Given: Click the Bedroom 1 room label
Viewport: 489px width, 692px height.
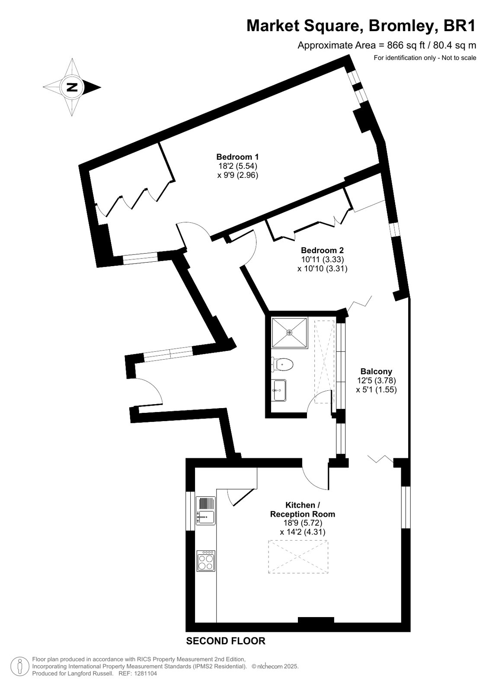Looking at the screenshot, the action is pyautogui.click(x=237, y=157).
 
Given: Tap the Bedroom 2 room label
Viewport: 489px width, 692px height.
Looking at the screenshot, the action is pyautogui.click(x=322, y=250).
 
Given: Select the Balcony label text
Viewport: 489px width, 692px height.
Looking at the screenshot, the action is pyautogui.click(x=376, y=371).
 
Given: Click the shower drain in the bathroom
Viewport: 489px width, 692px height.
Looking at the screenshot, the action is pyautogui.click(x=289, y=332).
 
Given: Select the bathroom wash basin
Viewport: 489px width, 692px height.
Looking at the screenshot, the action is pyautogui.click(x=279, y=390).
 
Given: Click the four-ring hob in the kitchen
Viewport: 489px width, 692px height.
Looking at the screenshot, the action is pyautogui.click(x=206, y=561).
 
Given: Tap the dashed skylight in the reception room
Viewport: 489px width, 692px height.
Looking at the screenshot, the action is pyautogui.click(x=298, y=557).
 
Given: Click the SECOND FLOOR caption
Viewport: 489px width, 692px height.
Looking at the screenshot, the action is pyautogui.click(x=226, y=641).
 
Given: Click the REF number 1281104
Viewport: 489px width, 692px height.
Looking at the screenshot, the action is pyautogui.click(x=145, y=673).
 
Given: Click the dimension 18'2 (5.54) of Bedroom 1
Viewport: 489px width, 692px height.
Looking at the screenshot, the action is pyautogui.click(x=238, y=166).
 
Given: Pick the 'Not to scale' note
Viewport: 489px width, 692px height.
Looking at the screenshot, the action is pyautogui.click(x=459, y=58).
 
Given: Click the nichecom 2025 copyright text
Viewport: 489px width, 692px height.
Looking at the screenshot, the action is pyautogui.click(x=275, y=666).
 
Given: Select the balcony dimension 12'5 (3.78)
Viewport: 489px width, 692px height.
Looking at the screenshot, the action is pyautogui.click(x=376, y=380).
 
